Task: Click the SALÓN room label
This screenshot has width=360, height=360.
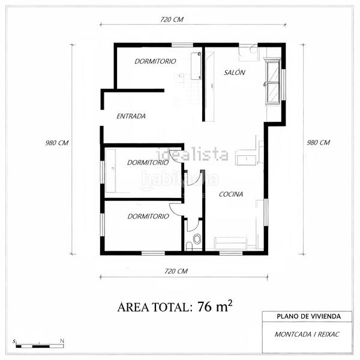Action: [235, 72]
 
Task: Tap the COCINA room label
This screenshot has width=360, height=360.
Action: [230, 194]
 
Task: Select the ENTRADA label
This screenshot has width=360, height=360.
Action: [131, 116]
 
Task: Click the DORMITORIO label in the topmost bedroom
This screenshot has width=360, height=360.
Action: [155, 61]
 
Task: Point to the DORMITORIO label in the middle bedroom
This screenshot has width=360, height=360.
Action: [148, 162]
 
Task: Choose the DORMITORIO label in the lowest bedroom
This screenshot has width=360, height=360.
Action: [148, 216]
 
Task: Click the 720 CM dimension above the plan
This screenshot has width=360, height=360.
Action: [172, 19]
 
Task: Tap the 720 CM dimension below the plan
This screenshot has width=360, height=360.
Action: [176, 271]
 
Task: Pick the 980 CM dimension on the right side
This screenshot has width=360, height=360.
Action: [318, 143]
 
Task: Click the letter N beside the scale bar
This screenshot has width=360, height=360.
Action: [62, 341]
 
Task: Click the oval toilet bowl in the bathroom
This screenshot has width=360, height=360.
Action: [197, 239]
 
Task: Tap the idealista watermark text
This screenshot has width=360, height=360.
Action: [192, 155]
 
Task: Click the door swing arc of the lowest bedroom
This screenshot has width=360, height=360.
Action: [175, 208]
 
